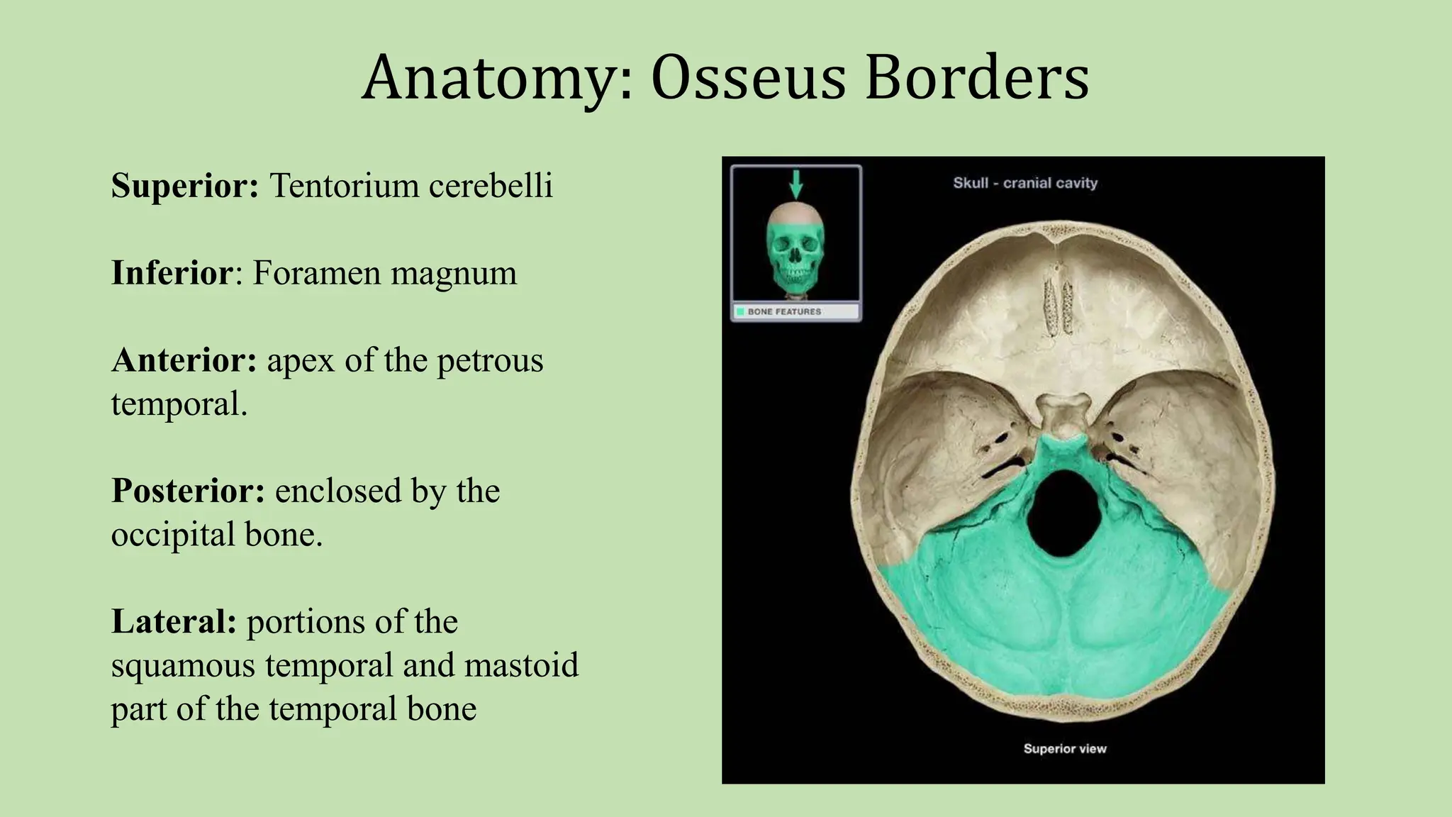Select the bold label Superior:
click(x=185, y=186)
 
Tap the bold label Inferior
click(x=172, y=273)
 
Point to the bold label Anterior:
click(x=184, y=360)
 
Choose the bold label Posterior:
click(x=188, y=491)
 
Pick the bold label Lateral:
click(x=174, y=622)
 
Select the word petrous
click(x=490, y=362)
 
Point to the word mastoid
click(x=521, y=665)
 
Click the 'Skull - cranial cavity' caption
click(x=1025, y=183)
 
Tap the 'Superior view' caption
click(x=1065, y=749)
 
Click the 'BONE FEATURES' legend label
click(x=784, y=311)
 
